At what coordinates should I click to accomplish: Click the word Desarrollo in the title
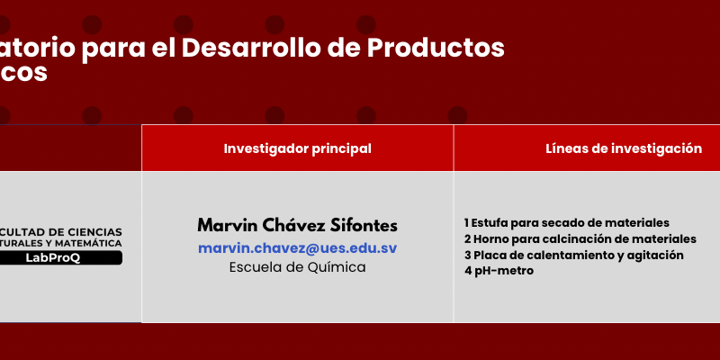259,48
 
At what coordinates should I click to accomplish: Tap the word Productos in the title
436,48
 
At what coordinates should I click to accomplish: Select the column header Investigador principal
298,148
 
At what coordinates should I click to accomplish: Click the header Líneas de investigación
624,148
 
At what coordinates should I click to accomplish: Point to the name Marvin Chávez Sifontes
298,226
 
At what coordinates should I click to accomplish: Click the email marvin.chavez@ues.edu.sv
298,248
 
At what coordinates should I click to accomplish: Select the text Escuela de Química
298,267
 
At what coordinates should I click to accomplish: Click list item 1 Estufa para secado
567,223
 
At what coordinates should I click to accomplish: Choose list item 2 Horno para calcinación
580,239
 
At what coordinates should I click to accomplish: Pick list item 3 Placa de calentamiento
573,256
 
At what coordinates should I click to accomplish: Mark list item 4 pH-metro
499,271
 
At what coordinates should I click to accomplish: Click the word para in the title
113,49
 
